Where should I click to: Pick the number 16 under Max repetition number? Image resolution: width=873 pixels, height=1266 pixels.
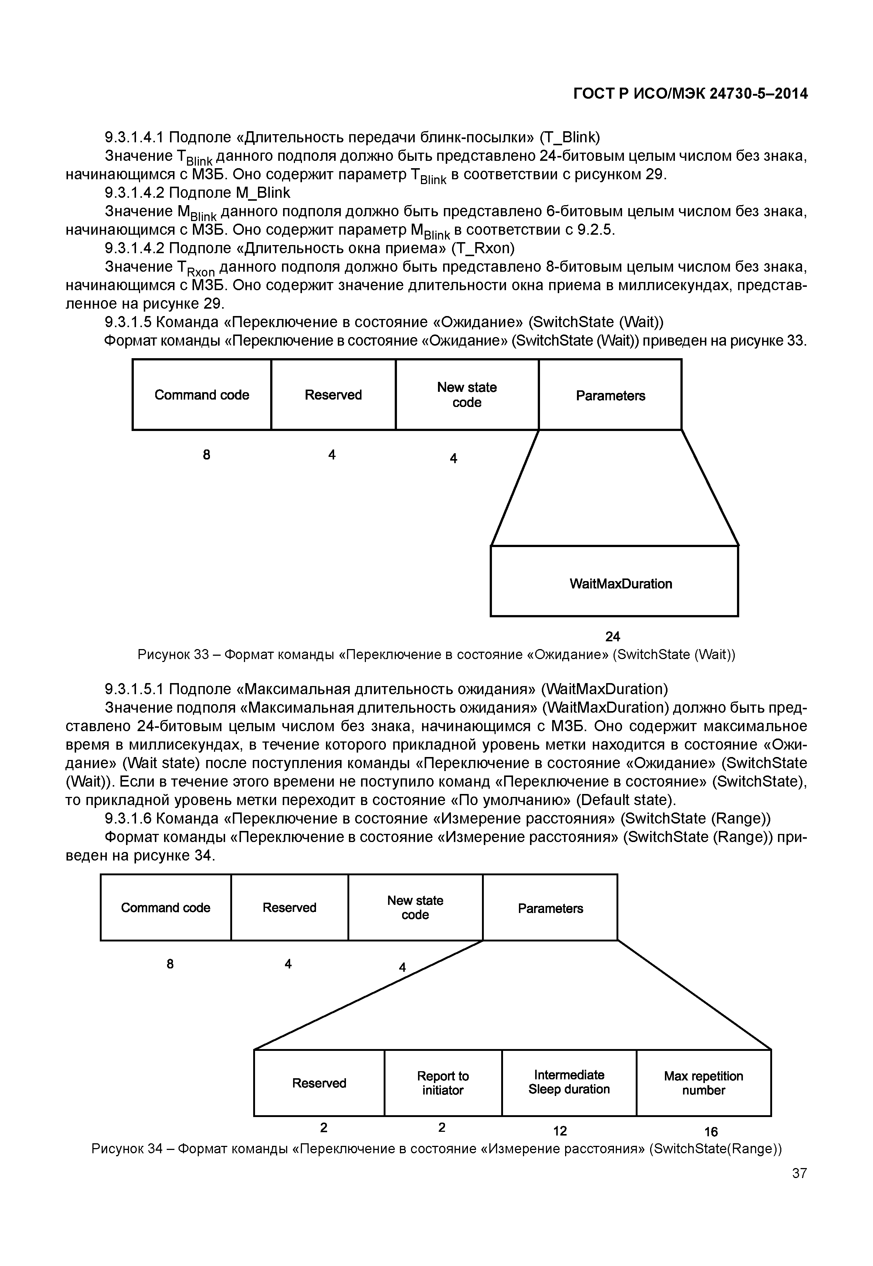coord(710,1131)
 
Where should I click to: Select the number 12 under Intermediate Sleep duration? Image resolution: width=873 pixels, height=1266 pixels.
coord(560,1131)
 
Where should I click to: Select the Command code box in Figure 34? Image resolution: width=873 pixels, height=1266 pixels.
coord(165,908)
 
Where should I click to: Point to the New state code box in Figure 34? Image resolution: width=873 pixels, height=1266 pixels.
coord(415,908)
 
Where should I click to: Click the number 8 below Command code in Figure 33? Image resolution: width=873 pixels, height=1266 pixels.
coord(206,455)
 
